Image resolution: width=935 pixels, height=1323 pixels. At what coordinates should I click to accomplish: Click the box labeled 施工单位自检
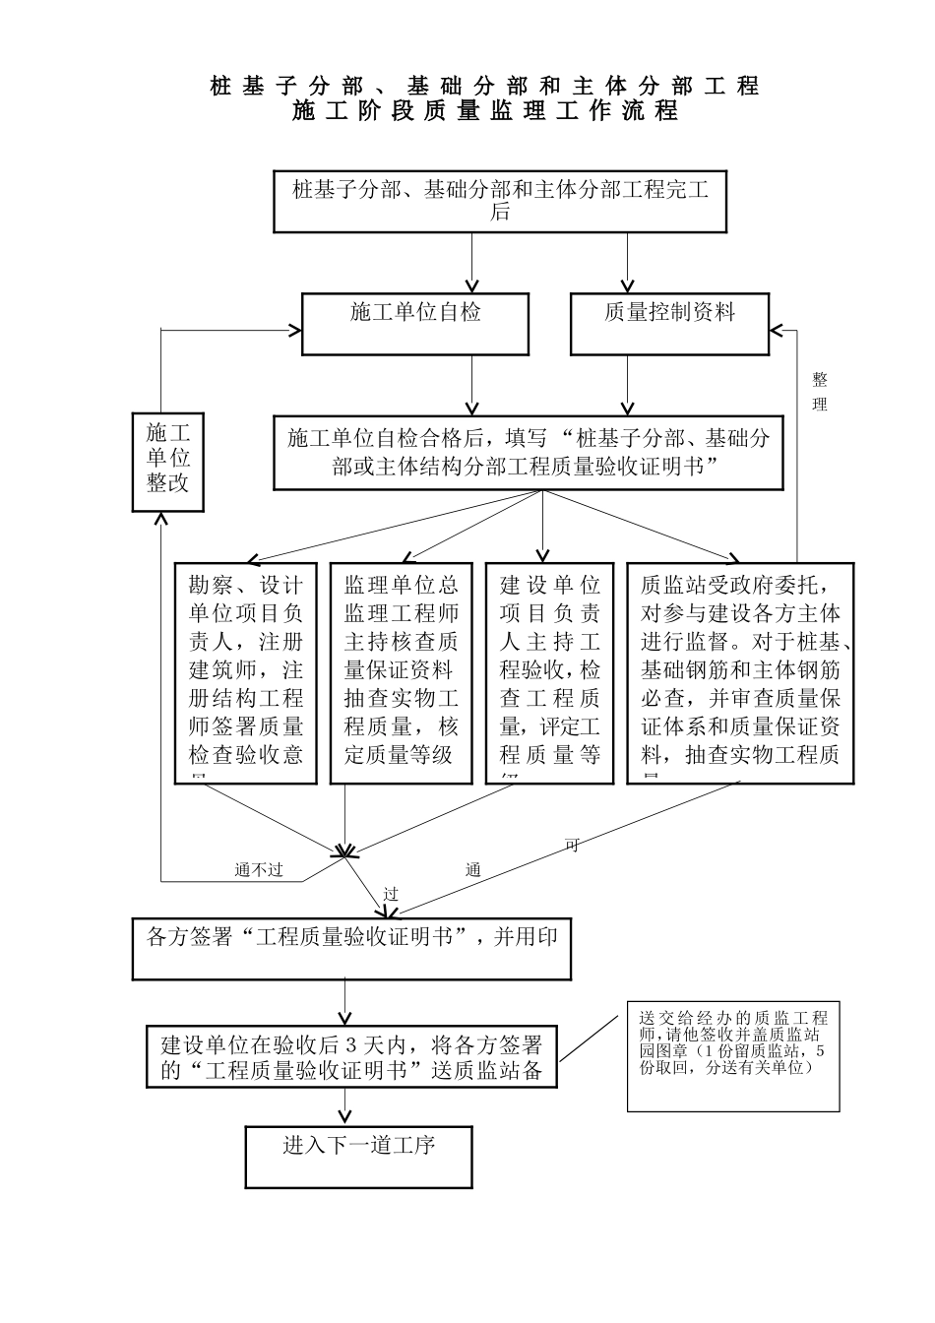click(x=414, y=324)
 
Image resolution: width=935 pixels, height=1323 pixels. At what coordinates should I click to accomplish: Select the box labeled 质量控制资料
click(x=669, y=324)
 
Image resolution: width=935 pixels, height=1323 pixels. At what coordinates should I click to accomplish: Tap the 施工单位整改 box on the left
click(x=168, y=463)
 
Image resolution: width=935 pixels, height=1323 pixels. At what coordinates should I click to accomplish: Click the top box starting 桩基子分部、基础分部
click(x=500, y=202)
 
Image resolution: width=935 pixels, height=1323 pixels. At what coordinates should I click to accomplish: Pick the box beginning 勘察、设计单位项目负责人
click(x=246, y=673)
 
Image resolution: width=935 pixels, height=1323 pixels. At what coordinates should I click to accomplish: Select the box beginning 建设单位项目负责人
click(x=550, y=673)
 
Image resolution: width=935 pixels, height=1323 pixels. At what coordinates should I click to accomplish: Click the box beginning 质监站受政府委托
click(x=740, y=673)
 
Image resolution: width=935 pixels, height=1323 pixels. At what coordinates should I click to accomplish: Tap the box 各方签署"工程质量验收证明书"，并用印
click(x=351, y=949)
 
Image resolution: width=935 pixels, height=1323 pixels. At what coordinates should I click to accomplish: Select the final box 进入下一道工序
click(x=358, y=1157)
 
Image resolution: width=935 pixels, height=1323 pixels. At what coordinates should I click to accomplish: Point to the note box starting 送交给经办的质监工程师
click(x=733, y=1057)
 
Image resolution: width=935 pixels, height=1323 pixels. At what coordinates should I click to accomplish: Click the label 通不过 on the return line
click(x=259, y=870)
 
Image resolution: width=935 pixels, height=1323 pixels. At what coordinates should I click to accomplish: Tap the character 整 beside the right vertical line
click(x=819, y=380)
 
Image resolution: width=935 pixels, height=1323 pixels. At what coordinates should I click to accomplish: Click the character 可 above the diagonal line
click(x=572, y=845)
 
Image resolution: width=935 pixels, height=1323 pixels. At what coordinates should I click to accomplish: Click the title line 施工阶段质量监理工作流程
click(x=485, y=111)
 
